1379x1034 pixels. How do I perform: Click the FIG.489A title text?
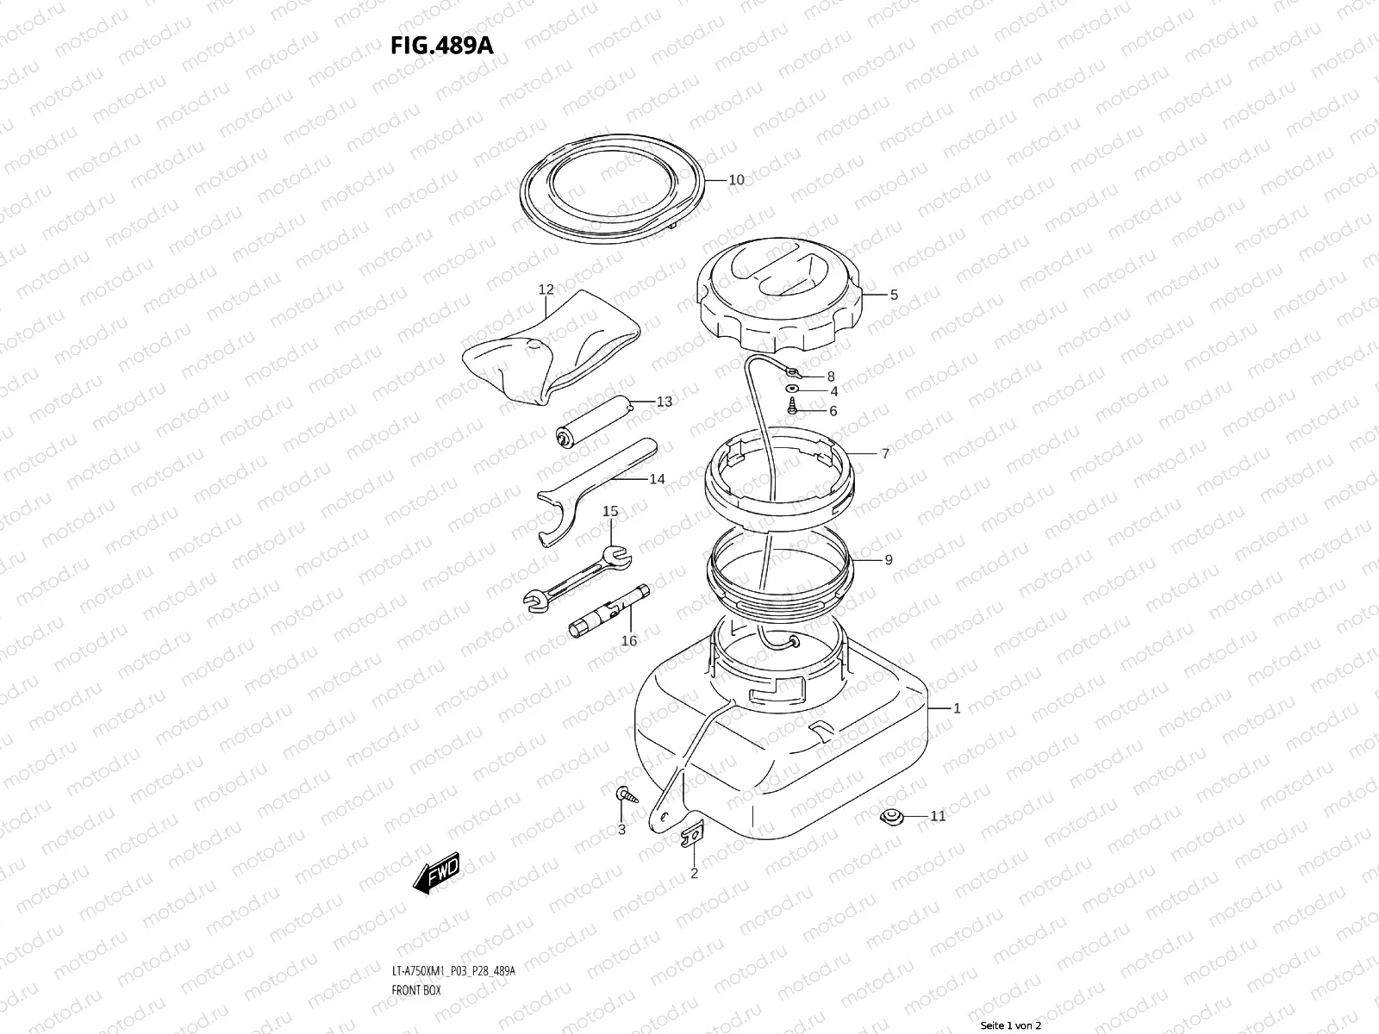pyautogui.click(x=441, y=45)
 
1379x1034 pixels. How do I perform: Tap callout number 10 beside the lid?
pyautogui.click(x=736, y=180)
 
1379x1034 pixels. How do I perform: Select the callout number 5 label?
pyautogui.click(x=894, y=295)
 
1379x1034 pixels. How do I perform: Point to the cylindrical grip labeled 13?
pyautogui.click(x=595, y=422)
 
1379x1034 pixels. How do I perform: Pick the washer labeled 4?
pyautogui.click(x=793, y=390)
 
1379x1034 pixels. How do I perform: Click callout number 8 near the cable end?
pyautogui.click(x=831, y=377)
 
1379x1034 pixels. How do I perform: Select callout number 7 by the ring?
pyautogui.click(x=884, y=453)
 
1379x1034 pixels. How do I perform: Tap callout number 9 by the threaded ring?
pyautogui.click(x=888, y=560)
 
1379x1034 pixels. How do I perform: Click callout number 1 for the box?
pyautogui.click(x=956, y=708)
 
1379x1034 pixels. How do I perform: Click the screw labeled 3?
pyautogui.click(x=624, y=794)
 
